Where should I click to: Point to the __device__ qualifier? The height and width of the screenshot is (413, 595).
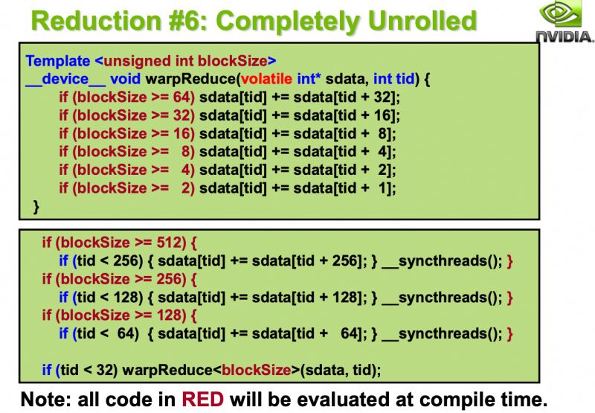[64, 78]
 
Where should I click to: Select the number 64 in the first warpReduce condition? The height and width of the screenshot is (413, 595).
[181, 97]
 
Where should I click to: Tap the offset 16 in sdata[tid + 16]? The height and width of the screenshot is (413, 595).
[383, 115]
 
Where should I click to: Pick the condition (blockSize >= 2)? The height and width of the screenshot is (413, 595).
[126, 188]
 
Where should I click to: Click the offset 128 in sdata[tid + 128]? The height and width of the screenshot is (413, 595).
[341, 297]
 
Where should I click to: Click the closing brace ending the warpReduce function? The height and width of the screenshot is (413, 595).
[34, 206]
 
